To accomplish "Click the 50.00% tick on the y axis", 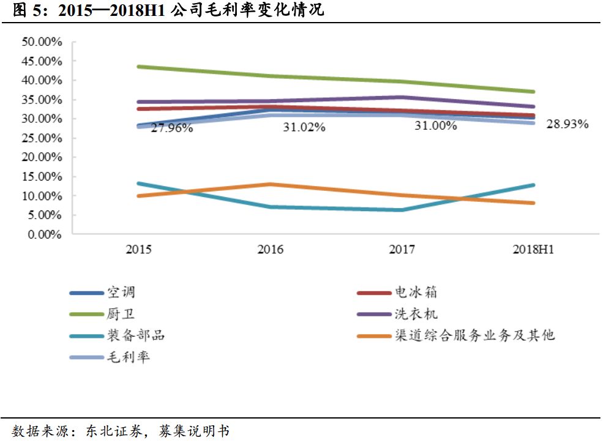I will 42,42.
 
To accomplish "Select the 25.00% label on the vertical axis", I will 42,138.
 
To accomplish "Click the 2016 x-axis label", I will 270,250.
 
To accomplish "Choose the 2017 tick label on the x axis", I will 402,250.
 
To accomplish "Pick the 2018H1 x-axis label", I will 534,250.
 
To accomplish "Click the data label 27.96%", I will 172,128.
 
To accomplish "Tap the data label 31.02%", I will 304,127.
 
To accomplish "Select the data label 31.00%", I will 436,126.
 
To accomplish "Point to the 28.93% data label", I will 567,124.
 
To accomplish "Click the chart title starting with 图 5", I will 168,10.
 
